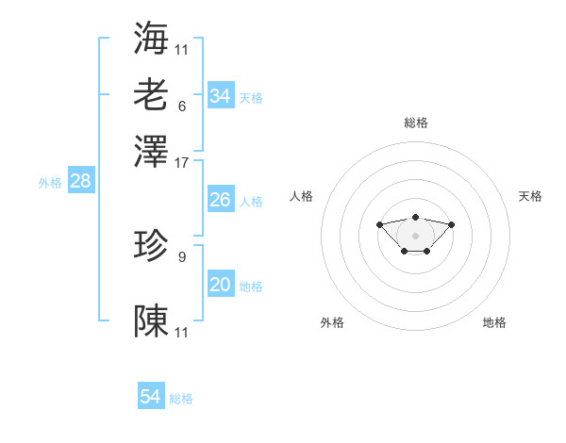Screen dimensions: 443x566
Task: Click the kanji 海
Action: point(152,37)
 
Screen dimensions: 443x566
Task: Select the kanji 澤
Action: point(152,150)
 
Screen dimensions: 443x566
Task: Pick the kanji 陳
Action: point(152,320)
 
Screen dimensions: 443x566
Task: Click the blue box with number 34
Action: point(221,96)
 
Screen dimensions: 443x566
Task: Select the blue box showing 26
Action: point(221,200)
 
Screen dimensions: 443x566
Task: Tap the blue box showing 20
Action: point(221,285)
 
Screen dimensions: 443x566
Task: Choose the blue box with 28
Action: point(80,182)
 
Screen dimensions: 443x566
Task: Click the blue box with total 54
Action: point(151,398)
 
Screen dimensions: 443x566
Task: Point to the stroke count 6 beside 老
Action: point(182,106)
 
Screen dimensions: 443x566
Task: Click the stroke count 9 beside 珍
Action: point(182,256)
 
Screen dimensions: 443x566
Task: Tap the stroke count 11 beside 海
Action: point(182,49)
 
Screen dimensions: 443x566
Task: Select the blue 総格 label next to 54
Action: point(181,399)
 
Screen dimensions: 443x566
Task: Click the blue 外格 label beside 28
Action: point(50,183)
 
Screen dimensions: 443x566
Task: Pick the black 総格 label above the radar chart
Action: point(415,123)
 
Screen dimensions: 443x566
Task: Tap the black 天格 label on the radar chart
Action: point(531,196)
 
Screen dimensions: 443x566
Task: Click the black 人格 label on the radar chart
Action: point(302,196)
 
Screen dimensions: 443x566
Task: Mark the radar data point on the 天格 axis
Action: point(451,224)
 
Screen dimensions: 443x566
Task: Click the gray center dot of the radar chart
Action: point(415,236)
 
